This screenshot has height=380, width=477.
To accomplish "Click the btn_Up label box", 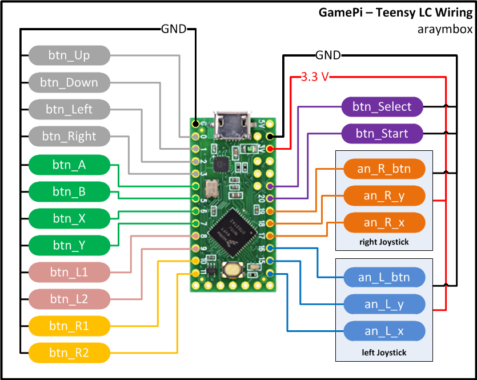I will pos(69,56).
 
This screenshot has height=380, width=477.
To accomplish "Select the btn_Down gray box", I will pos(69,82).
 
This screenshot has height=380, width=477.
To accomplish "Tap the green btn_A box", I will pos(69,165).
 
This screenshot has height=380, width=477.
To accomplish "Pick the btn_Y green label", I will pos(69,245).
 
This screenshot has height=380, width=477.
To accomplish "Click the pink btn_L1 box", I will pos(69,271).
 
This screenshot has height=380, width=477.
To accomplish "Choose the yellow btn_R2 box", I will pos(69,353).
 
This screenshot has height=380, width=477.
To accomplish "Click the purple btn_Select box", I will pos(382,106).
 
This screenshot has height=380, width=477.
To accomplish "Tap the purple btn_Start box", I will pos(382,134).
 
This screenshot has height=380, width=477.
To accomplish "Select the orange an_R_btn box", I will pos(384,169).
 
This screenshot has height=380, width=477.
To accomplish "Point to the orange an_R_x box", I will pos(384,222).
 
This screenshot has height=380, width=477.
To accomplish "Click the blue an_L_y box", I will pos(384,304).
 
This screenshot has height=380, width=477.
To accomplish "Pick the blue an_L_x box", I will pos(384,331).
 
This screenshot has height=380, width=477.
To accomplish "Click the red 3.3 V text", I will pos(314,77).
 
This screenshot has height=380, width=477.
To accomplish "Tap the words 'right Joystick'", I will pos(384,242).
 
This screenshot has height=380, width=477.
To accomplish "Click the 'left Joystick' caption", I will pos(384,353).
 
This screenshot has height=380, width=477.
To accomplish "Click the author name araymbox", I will pos(445,29).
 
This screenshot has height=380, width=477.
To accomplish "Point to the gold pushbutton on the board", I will pos(232,269).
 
